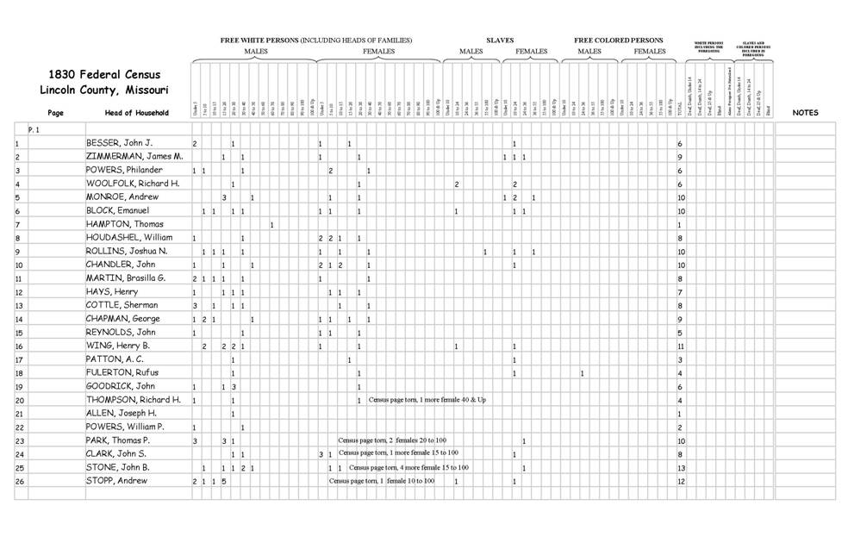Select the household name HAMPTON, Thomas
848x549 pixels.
[124, 224]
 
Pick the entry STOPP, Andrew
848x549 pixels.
[116, 480]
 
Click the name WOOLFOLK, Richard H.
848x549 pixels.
[133, 184]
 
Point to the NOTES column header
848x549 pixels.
[805, 113]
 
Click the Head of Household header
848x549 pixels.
[136, 113]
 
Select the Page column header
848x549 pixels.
[56, 113]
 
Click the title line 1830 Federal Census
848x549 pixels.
[103, 75]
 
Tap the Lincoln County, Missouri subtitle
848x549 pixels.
[103, 90]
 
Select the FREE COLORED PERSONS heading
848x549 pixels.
[619, 41]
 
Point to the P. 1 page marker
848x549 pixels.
[34, 129]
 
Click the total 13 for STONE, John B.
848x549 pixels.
[681, 467]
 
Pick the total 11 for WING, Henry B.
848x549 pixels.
[681, 346]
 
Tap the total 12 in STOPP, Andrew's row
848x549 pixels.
[681, 481]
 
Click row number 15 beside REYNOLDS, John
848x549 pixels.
[18, 333]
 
